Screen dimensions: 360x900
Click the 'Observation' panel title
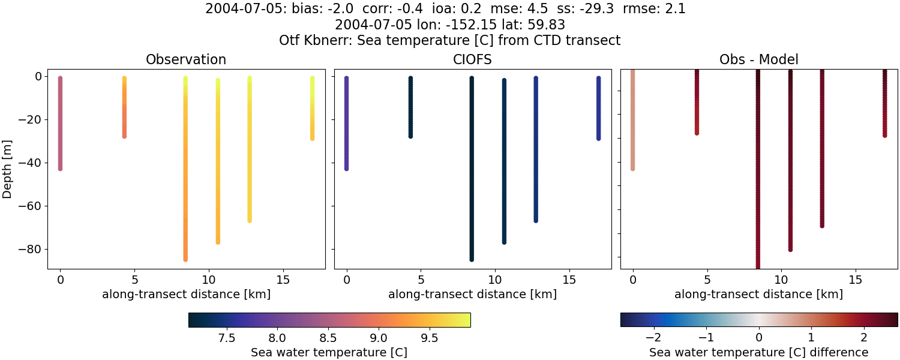pyautogui.click(x=186, y=59)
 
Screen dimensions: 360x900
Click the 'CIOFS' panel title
pyautogui.click(x=472, y=59)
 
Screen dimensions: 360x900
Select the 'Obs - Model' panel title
pyautogui.click(x=758, y=59)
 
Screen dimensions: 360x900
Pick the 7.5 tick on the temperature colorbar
pyautogui.click(x=227, y=338)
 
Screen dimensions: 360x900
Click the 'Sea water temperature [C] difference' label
pyautogui.click(x=758, y=352)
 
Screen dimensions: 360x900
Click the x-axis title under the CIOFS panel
pyautogui.click(x=472, y=294)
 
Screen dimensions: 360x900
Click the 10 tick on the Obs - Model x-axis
pyautogui.click(x=781, y=280)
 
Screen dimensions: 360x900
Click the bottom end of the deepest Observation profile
pyautogui.click(x=185, y=259)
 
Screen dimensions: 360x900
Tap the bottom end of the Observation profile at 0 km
pyautogui.click(x=60, y=169)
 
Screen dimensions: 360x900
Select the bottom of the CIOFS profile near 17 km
pyautogui.click(x=598, y=139)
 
